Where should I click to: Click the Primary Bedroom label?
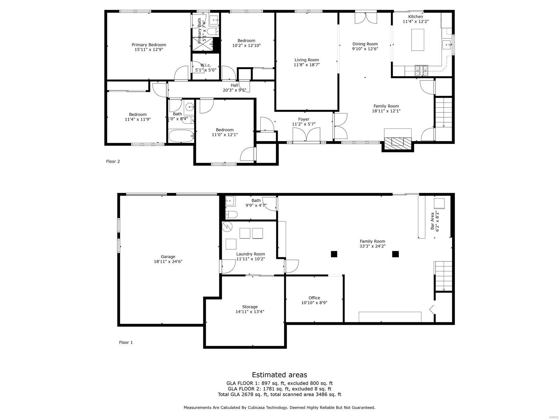(x=148, y=45)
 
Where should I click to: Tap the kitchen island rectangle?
(x=418, y=40)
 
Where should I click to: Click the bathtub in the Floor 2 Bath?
(x=181, y=136)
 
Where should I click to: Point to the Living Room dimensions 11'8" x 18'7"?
(x=306, y=65)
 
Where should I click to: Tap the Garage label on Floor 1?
(x=168, y=257)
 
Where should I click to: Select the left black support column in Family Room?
(x=334, y=254)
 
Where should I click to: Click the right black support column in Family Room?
(x=395, y=254)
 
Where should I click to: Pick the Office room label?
(x=314, y=298)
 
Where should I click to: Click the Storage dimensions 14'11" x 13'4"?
(x=249, y=312)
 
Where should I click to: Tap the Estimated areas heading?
(x=279, y=375)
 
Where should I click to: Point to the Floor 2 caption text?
(x=113, y=161)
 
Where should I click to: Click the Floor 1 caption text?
(x=126, y=343)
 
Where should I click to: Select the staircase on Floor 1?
(x=443, y=276)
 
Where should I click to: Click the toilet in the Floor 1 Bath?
(x=232, y=214)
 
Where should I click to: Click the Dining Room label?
(x=365, y=44)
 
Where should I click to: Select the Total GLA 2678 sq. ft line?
(x=279, y=395)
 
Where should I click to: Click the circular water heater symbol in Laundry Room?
(x=227, y=227)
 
